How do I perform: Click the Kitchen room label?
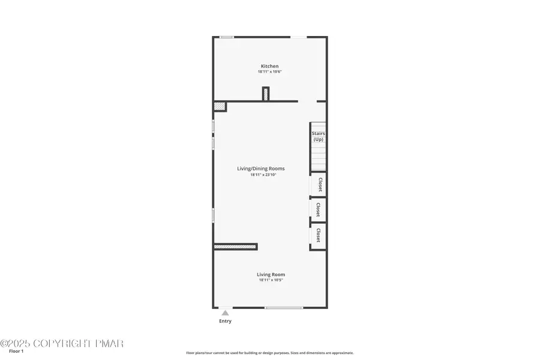pyautogui.click(x=269, y=66)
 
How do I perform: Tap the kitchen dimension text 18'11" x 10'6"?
pyautogui.click(x=269, y=72)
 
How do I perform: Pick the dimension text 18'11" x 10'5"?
pyautogui.click(x=270, y=280)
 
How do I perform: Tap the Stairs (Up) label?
pyautogui.click(x=318, y=136)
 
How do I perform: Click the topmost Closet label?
pyautogui.click(x=320, y=184)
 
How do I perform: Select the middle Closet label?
pyautogui.click(x=318, y=210)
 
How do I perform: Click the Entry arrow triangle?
pyautogui.click(x=225, y=313)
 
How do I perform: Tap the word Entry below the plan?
pyautogui.click(x=225, y=321)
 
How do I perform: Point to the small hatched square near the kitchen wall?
pyautogui.click(x=220, y=106)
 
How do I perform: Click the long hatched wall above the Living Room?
pyautogui.click(x=235, y=246)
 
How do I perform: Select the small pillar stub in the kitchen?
pyautogui.click(x=266, y=94)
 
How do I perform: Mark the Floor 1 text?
pyautogui.click(x=16, y=351)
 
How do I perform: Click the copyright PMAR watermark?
pyautogui.click(x=62, y=343)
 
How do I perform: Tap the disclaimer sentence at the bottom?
pyautogui.click(x=269, y=353)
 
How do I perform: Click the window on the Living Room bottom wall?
pyautogui.click(x=284, y=308)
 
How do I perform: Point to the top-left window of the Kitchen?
pyautogui.click(x=227, y=37)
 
